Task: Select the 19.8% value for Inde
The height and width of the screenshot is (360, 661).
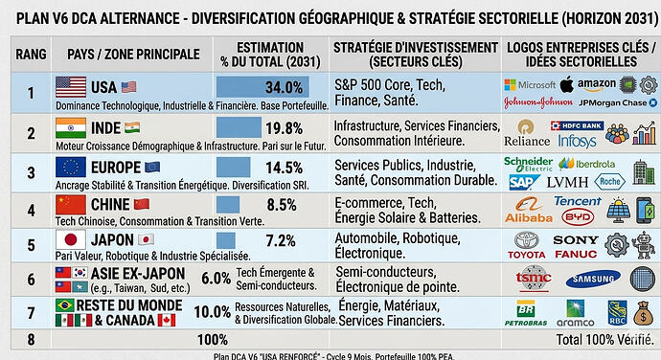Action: (x=285, y=128)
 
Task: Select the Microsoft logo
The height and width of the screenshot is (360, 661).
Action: (x=530, y=84)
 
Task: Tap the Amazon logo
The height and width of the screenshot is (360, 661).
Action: (x=596, y=84)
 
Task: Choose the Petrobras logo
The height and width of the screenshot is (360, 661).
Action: (x=526, y=315)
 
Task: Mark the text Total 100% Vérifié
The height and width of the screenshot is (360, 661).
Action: (x=602, y=339)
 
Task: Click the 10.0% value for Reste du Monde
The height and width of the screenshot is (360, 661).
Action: (x=212, y=312)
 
